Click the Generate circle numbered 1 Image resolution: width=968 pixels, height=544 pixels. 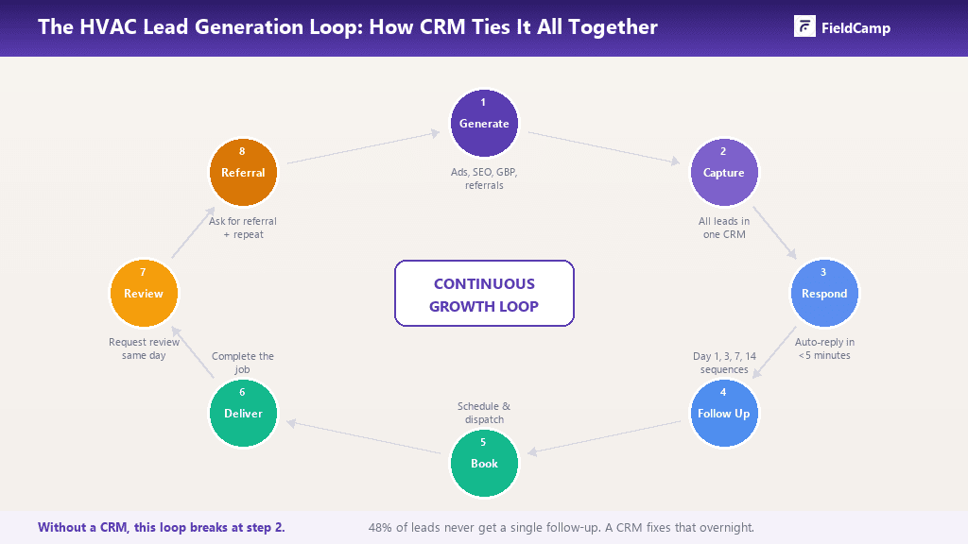click(x=484, y=124)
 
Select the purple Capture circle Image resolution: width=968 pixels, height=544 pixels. click(x=724, y=173)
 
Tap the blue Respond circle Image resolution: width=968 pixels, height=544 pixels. click(x=824, y=294)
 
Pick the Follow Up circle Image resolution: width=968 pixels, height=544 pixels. click(x=724, y=413)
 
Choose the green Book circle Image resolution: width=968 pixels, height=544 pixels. click(x=484, y=463)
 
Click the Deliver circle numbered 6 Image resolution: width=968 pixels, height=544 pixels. click(x=243, y=413)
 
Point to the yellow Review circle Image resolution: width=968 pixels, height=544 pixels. click(x=144, y=294)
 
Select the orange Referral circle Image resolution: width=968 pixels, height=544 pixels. click(x=243, y=173)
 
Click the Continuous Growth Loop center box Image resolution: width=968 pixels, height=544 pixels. click(x=484, y=294)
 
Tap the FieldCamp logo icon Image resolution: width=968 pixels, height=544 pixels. click(x=804, y=27)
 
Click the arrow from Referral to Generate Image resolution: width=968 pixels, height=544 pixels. click(x=364, y=148)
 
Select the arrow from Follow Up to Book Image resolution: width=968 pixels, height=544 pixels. click(x=604, y=437)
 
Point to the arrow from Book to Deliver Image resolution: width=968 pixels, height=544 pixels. click(x=364, y=437)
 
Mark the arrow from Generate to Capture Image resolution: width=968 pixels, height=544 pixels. click(x=604, y=148)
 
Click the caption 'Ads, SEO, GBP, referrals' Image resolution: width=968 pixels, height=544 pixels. click(x=484, y=179)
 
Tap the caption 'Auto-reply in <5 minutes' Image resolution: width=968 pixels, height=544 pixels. click(x=823, y=348)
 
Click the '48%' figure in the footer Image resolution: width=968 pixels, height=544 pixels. click(x=380, y=527)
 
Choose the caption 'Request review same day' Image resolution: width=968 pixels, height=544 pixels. click(x=143, y=348)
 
